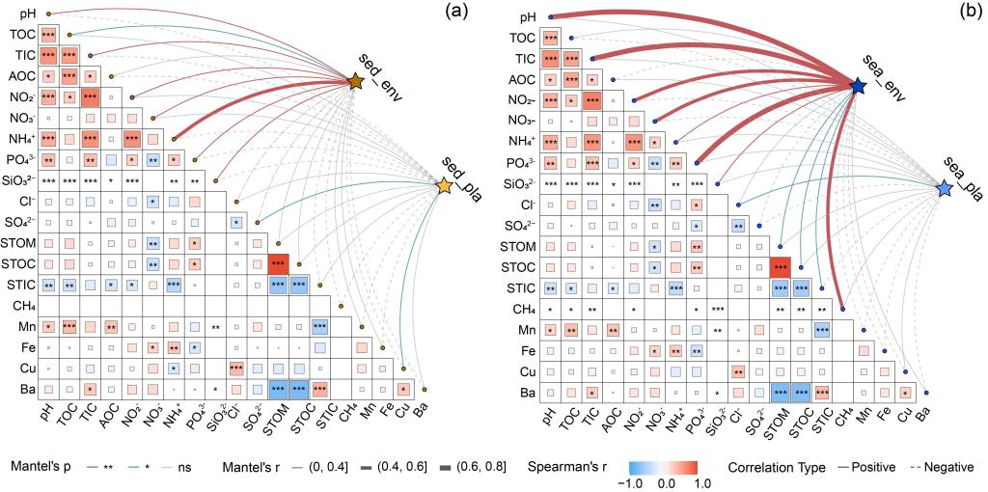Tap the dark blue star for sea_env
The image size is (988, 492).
click(857, 87)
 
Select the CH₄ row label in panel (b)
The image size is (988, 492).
click(521, 308)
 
